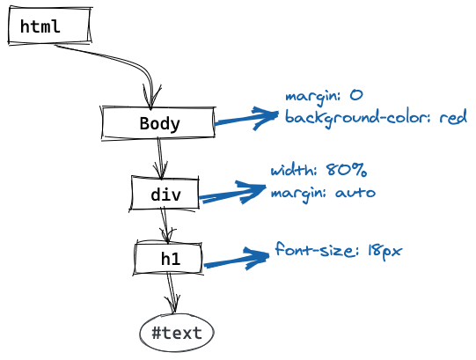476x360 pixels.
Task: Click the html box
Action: pos(49,26)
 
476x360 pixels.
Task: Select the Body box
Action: pos(158,122)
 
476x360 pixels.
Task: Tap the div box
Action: pos(165,193)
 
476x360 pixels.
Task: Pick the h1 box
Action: pos(168,258)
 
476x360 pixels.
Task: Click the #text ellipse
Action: pos(177,333)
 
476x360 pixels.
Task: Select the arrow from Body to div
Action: pos(160,158)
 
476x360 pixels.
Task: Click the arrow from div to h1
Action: pos(165,224)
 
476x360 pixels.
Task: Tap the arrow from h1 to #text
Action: pos(172,293)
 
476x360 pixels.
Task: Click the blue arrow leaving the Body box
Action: pos(245,118)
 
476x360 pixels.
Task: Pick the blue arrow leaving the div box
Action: pos(232,194)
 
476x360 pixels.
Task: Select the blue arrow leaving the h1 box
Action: pos(236,260)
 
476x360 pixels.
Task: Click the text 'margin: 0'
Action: pos(324,97)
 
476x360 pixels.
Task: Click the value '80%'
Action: pos(347,170)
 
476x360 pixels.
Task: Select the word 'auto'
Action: pos(355,192)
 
